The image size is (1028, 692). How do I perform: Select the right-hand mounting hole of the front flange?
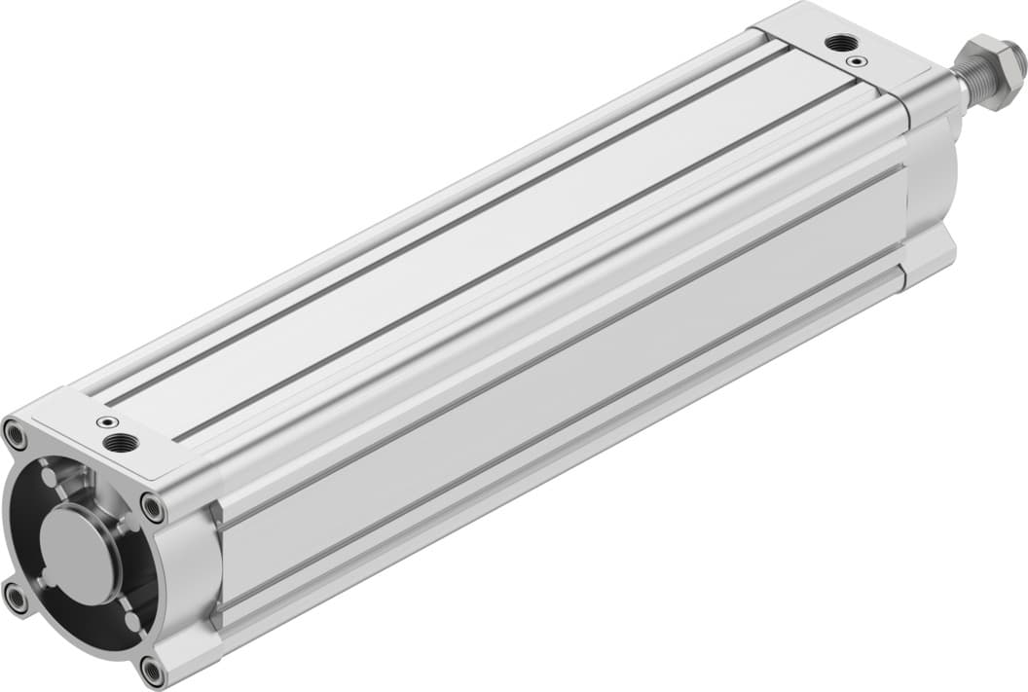coord(152,506)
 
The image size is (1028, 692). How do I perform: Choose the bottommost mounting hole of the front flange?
coord(151,671)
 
